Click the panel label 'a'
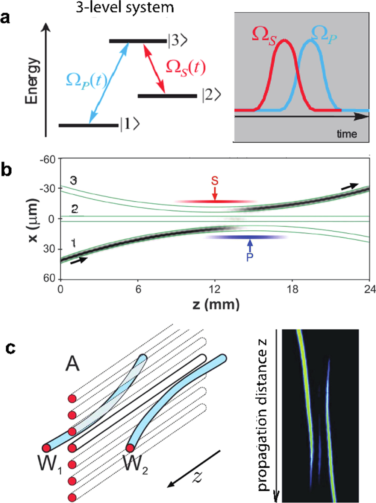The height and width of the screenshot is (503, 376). click(x=5, y=18)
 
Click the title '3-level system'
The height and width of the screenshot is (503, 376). click(x=125, y=7)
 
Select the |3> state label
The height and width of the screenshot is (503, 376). click(x=177, y=40)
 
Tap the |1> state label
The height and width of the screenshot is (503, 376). click(x=130, y=124)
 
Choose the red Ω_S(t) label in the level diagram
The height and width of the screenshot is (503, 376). click(x=186, y=68)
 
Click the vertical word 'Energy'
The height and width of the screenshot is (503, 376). click(x=32, y=81)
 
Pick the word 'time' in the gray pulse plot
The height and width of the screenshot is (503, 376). click(x=347, y=134)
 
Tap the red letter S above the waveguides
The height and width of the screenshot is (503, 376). click(x=215, y=181)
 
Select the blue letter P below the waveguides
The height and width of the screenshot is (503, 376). click(x=250, y=258)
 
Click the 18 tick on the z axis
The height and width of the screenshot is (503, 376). click(x=293, y=289)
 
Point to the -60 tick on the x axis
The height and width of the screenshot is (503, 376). click(x=47, y=160)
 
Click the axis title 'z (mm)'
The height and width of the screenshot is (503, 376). click(x=216, y=304)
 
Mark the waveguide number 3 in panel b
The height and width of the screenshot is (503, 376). click(x=74, y=181)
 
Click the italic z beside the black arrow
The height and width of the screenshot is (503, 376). click(x=197, y=477)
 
